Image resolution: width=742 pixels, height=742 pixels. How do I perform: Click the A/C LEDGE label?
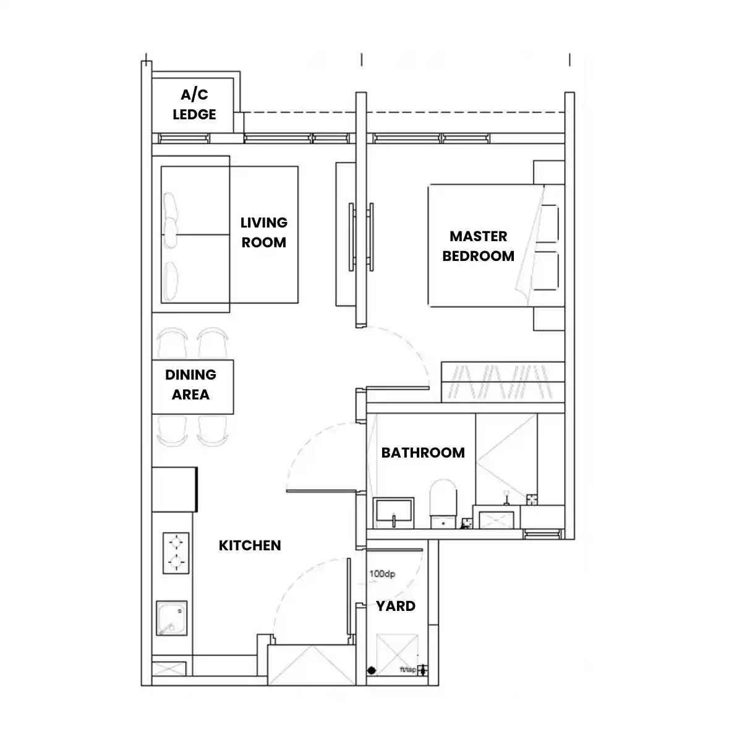point(194,104)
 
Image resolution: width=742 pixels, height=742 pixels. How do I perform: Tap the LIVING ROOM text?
point(264,232)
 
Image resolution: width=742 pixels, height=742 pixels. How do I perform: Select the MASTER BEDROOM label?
point(478,246)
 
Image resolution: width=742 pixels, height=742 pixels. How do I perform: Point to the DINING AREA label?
point(190,384)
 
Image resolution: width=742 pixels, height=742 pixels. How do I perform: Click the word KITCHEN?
point(250,545)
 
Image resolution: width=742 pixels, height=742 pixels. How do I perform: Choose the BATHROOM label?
point(423,453)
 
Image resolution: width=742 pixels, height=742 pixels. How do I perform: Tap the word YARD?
point(396,606)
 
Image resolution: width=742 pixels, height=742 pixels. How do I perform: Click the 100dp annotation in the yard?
point(382,574)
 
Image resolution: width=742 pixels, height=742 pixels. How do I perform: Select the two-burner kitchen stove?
point(176,553)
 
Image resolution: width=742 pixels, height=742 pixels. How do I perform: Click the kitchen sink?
point(172,618)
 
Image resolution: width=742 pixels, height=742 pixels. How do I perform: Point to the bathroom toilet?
point(443,503)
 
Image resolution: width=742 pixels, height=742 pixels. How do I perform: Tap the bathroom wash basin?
point(393,513)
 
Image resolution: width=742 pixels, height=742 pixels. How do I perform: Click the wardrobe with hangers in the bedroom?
point(503,382)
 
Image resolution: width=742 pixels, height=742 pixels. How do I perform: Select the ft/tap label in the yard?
point(407,670)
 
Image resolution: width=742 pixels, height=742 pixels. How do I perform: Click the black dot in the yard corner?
point(372,670)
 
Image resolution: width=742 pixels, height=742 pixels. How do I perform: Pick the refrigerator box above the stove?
point(175,489)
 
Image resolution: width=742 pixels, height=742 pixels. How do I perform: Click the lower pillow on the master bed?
point(546,271)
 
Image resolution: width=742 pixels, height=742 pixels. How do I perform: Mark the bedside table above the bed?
point(549,173)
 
